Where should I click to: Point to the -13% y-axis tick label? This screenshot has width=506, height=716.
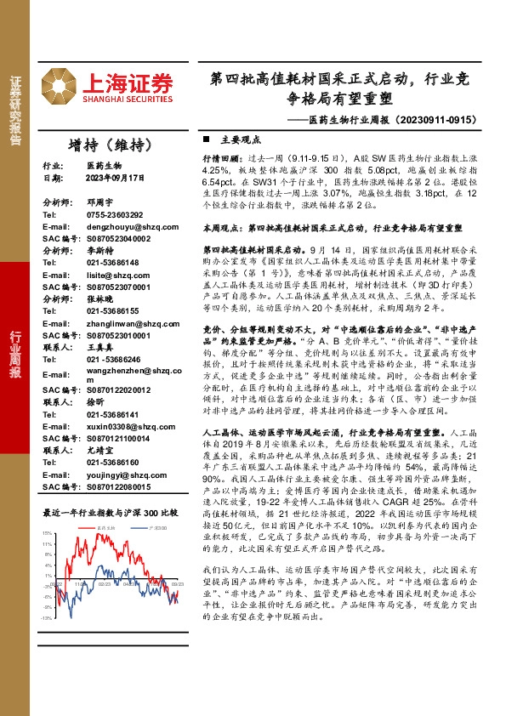[x=47, y=594]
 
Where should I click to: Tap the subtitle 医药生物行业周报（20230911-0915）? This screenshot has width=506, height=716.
[x=395, y=120]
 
